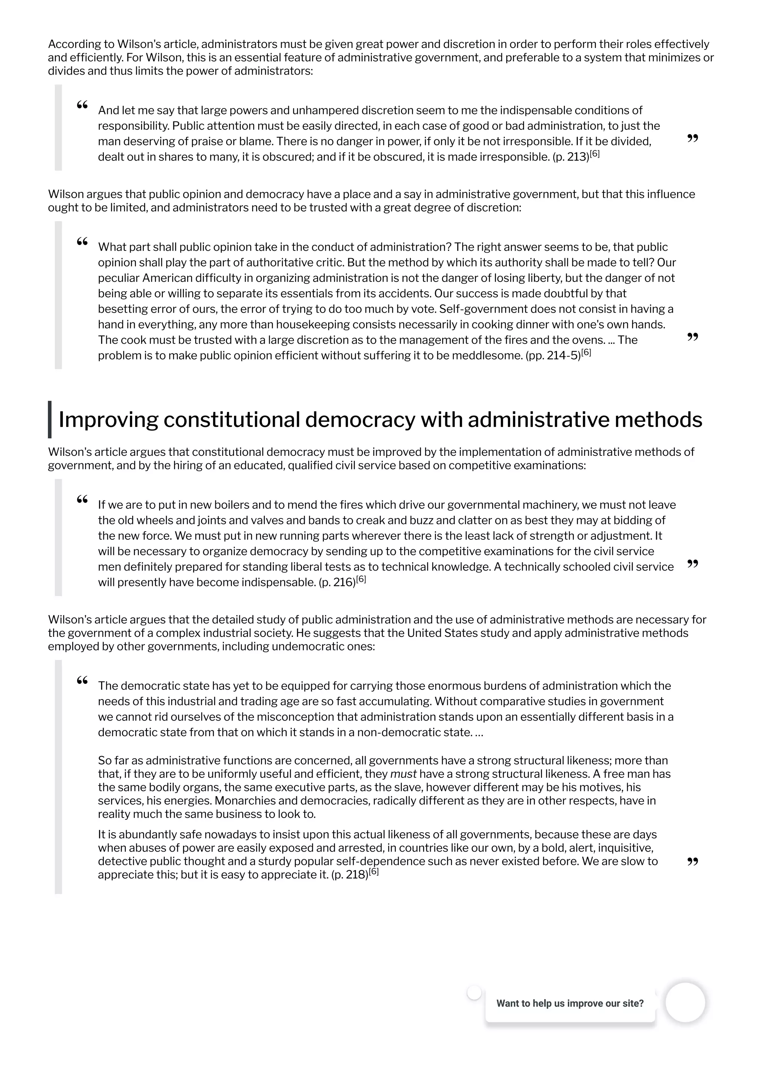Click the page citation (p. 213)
click(x=570, y=157)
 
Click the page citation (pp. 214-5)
click(x=552, y=356)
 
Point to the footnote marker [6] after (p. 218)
click(x=374, y=872)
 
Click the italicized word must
click(x=403, y=774)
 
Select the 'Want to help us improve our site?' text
click(x=570, y=1003)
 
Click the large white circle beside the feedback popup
click(x=685, y=1002)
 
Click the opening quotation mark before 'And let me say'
click(x=82, y=105)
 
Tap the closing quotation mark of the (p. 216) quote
click(x=692, y=564)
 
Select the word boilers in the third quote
click(x=210, y=505)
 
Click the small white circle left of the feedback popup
click(x=474, y=993)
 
